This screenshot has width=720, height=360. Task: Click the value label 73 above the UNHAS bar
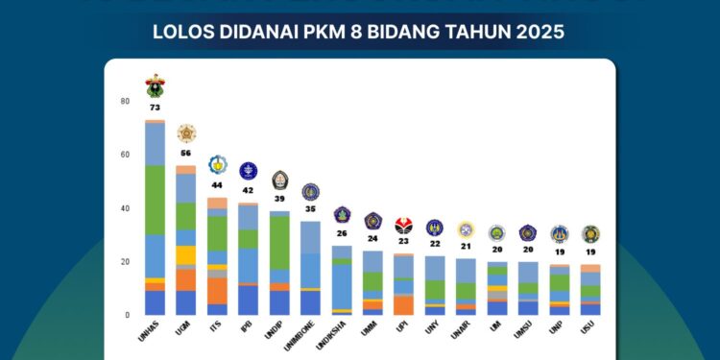(x=155, y=108)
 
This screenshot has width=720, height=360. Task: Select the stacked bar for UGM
(x=185, y=240)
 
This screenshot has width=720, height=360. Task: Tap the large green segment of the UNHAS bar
(x=155, y=200)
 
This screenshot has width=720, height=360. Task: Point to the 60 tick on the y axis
(x=124, y=155)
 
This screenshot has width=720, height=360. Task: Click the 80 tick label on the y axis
(x=124, y=101)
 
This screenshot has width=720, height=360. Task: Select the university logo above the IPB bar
(x=248, y=172)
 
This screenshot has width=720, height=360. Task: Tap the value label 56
(x=185, y=154)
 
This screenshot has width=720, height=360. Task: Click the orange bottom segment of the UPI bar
(x=404, y=305)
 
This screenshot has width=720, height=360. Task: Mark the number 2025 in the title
(x=540, y=32)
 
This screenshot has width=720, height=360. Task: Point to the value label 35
(x=310, y=208)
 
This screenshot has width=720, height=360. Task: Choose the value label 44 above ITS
(x=217, y=185)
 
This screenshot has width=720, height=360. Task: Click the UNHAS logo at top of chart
(x=155, y=86)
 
